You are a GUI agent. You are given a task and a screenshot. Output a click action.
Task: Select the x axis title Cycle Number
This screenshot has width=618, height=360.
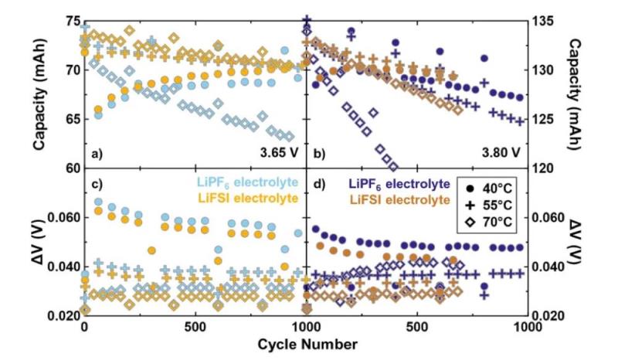(308, 342)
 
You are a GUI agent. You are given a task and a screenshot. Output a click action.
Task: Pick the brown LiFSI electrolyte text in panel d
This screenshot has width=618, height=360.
(399, 201)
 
